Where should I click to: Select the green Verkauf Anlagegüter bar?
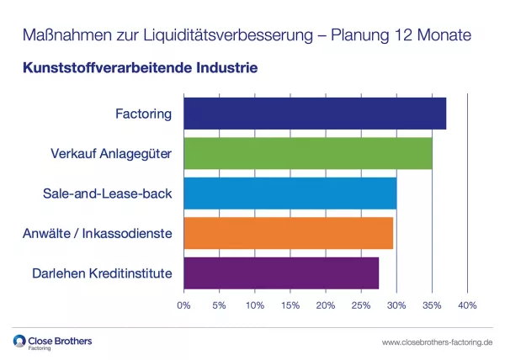coord(307,153)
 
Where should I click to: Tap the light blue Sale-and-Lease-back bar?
coord(290,193)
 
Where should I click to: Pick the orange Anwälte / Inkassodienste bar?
coord(288,233)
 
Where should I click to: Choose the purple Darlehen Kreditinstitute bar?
coord(281,273)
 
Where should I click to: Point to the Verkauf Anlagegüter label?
coord(111,153)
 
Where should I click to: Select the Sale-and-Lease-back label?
coord(107,193)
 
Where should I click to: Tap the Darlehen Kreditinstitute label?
coord(102,273)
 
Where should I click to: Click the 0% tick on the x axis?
coord(184,304)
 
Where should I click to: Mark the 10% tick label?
coord(255,304)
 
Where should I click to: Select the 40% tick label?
coord(467,304)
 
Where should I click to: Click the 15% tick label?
coord(290,304)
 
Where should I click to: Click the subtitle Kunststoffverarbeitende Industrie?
coord(140,65)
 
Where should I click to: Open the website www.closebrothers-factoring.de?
coord(437,342)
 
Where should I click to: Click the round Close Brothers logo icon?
coord(20,341)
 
